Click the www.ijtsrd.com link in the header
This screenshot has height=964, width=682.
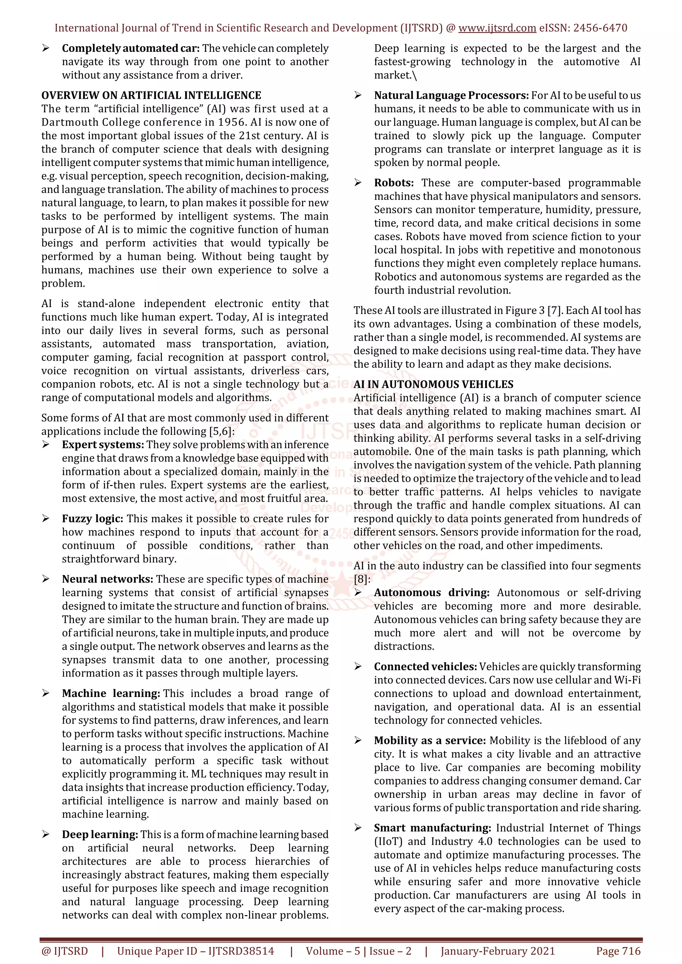[497, 28]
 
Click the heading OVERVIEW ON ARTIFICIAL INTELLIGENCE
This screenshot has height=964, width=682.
[151, 95]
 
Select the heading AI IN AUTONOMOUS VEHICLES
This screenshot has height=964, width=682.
[433, 384]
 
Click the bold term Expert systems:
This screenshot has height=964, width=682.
[103, 445]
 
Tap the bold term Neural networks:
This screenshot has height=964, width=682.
[108, 579]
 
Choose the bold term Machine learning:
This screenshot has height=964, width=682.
[111, 693]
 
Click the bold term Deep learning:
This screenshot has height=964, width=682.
[100, 834]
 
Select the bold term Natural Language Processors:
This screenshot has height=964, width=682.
[451, 95]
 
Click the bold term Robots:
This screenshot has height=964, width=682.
[394, 183]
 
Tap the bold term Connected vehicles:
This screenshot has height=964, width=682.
[425, 666]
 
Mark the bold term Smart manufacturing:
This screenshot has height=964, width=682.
[432, 828]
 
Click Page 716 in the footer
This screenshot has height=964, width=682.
[618, 951]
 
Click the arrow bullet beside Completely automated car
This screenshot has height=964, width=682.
[46, 49]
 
